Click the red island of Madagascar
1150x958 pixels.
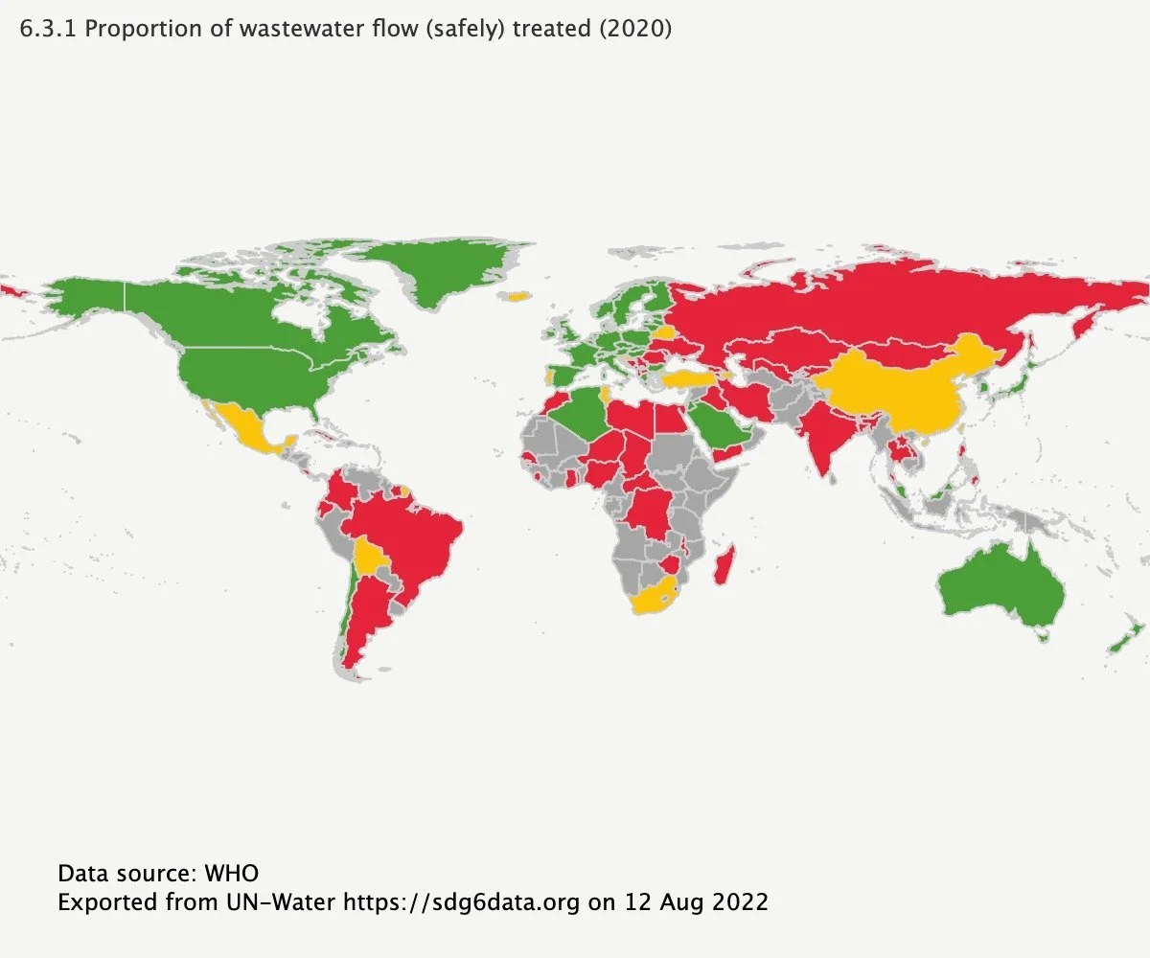pyautogui.click(x=725, y=566)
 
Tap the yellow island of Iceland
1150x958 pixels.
pyautogui.click(x=518, y=297)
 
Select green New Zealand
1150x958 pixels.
pyautogui.click(x=1126, y=638)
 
